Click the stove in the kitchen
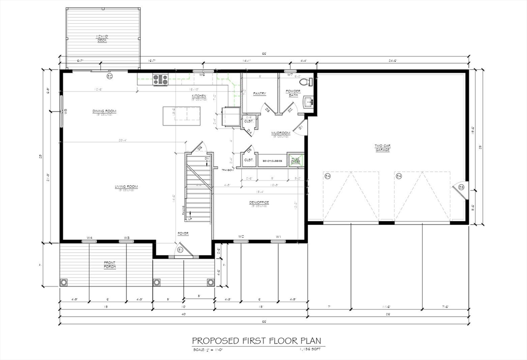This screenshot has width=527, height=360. pyautogui.click(x=161, y=79)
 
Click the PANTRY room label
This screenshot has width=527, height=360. pyautogui.click(x=259, y=94)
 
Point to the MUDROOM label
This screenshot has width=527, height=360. pyautogui.click(x=281, y=133)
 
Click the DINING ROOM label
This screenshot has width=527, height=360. pyautogui.click(x=104, y=111)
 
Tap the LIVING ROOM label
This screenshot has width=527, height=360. pyautogui.click(x=126, y=187)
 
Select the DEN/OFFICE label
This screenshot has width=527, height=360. pyautogui.click(x=259, y=203)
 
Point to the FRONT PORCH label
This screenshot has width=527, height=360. pyautogui.click(x=110, y=265)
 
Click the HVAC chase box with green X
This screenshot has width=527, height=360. pyautogui.click(x=295, y=160)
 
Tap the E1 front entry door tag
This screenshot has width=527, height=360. pyautogui.click(x=180, y=249)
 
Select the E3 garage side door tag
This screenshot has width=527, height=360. pyautogui.click(x=461, y=187)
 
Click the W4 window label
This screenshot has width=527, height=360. pyautogui.click(x=90, y=238)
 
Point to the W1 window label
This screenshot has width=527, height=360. pyautogui.click(x=278, y=237)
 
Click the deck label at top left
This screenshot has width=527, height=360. pyautogui.click(x=103, y=38)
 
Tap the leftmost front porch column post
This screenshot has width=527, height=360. pyautogui.click(x=64, y=282)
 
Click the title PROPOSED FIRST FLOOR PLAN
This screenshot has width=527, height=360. pyautogui.click(x=258, y=341)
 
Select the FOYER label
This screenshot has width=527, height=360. pyautogui.click(x=183, y=233)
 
